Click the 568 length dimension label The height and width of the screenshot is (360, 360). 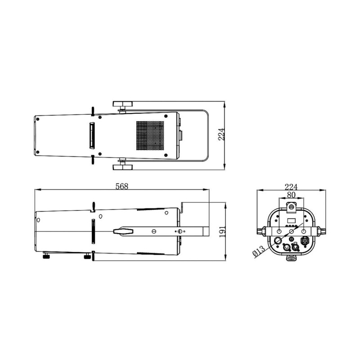coord(121,186)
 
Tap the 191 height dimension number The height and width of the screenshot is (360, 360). coord(222,232)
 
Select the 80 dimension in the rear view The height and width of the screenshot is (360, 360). coord(291,195)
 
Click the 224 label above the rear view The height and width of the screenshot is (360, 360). coord(291,187)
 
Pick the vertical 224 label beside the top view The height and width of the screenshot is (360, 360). coord(221,134)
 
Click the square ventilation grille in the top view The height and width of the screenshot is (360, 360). coord(150,136)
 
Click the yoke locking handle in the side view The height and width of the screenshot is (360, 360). coord(123,231)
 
